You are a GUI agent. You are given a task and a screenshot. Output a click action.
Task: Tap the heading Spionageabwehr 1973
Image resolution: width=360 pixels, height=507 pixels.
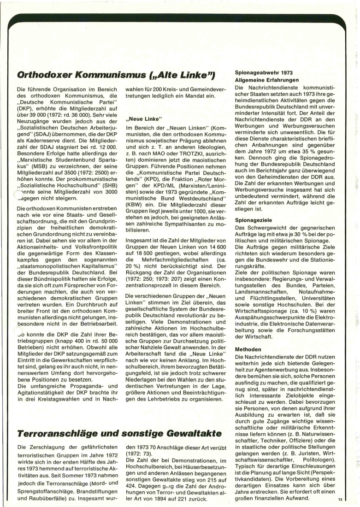264,73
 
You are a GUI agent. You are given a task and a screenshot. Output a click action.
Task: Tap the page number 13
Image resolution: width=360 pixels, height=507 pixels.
340,499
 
